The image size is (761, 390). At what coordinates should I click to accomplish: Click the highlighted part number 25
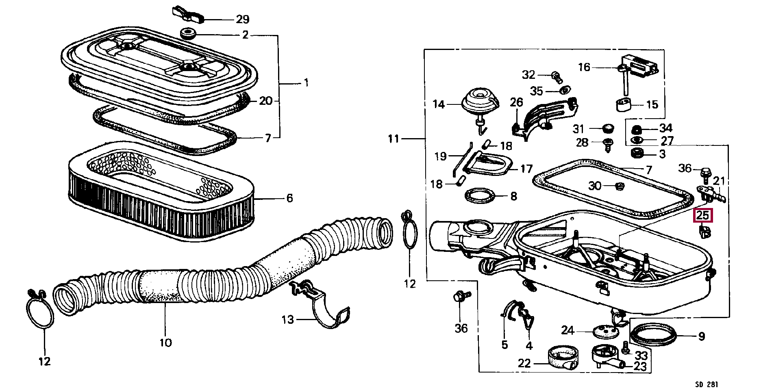[x=703, y=216]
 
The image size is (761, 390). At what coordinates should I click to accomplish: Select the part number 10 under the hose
[x=165, y=342]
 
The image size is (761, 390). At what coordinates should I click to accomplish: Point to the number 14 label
[x=439, y=104]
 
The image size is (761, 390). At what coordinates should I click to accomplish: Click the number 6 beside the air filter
[x=289, y=198]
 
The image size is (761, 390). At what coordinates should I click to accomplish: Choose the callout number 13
[x=287, y=320]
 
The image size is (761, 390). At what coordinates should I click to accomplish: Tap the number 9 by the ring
[x=701, y=336]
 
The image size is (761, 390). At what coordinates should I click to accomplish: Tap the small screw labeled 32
[x=556, y=75]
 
